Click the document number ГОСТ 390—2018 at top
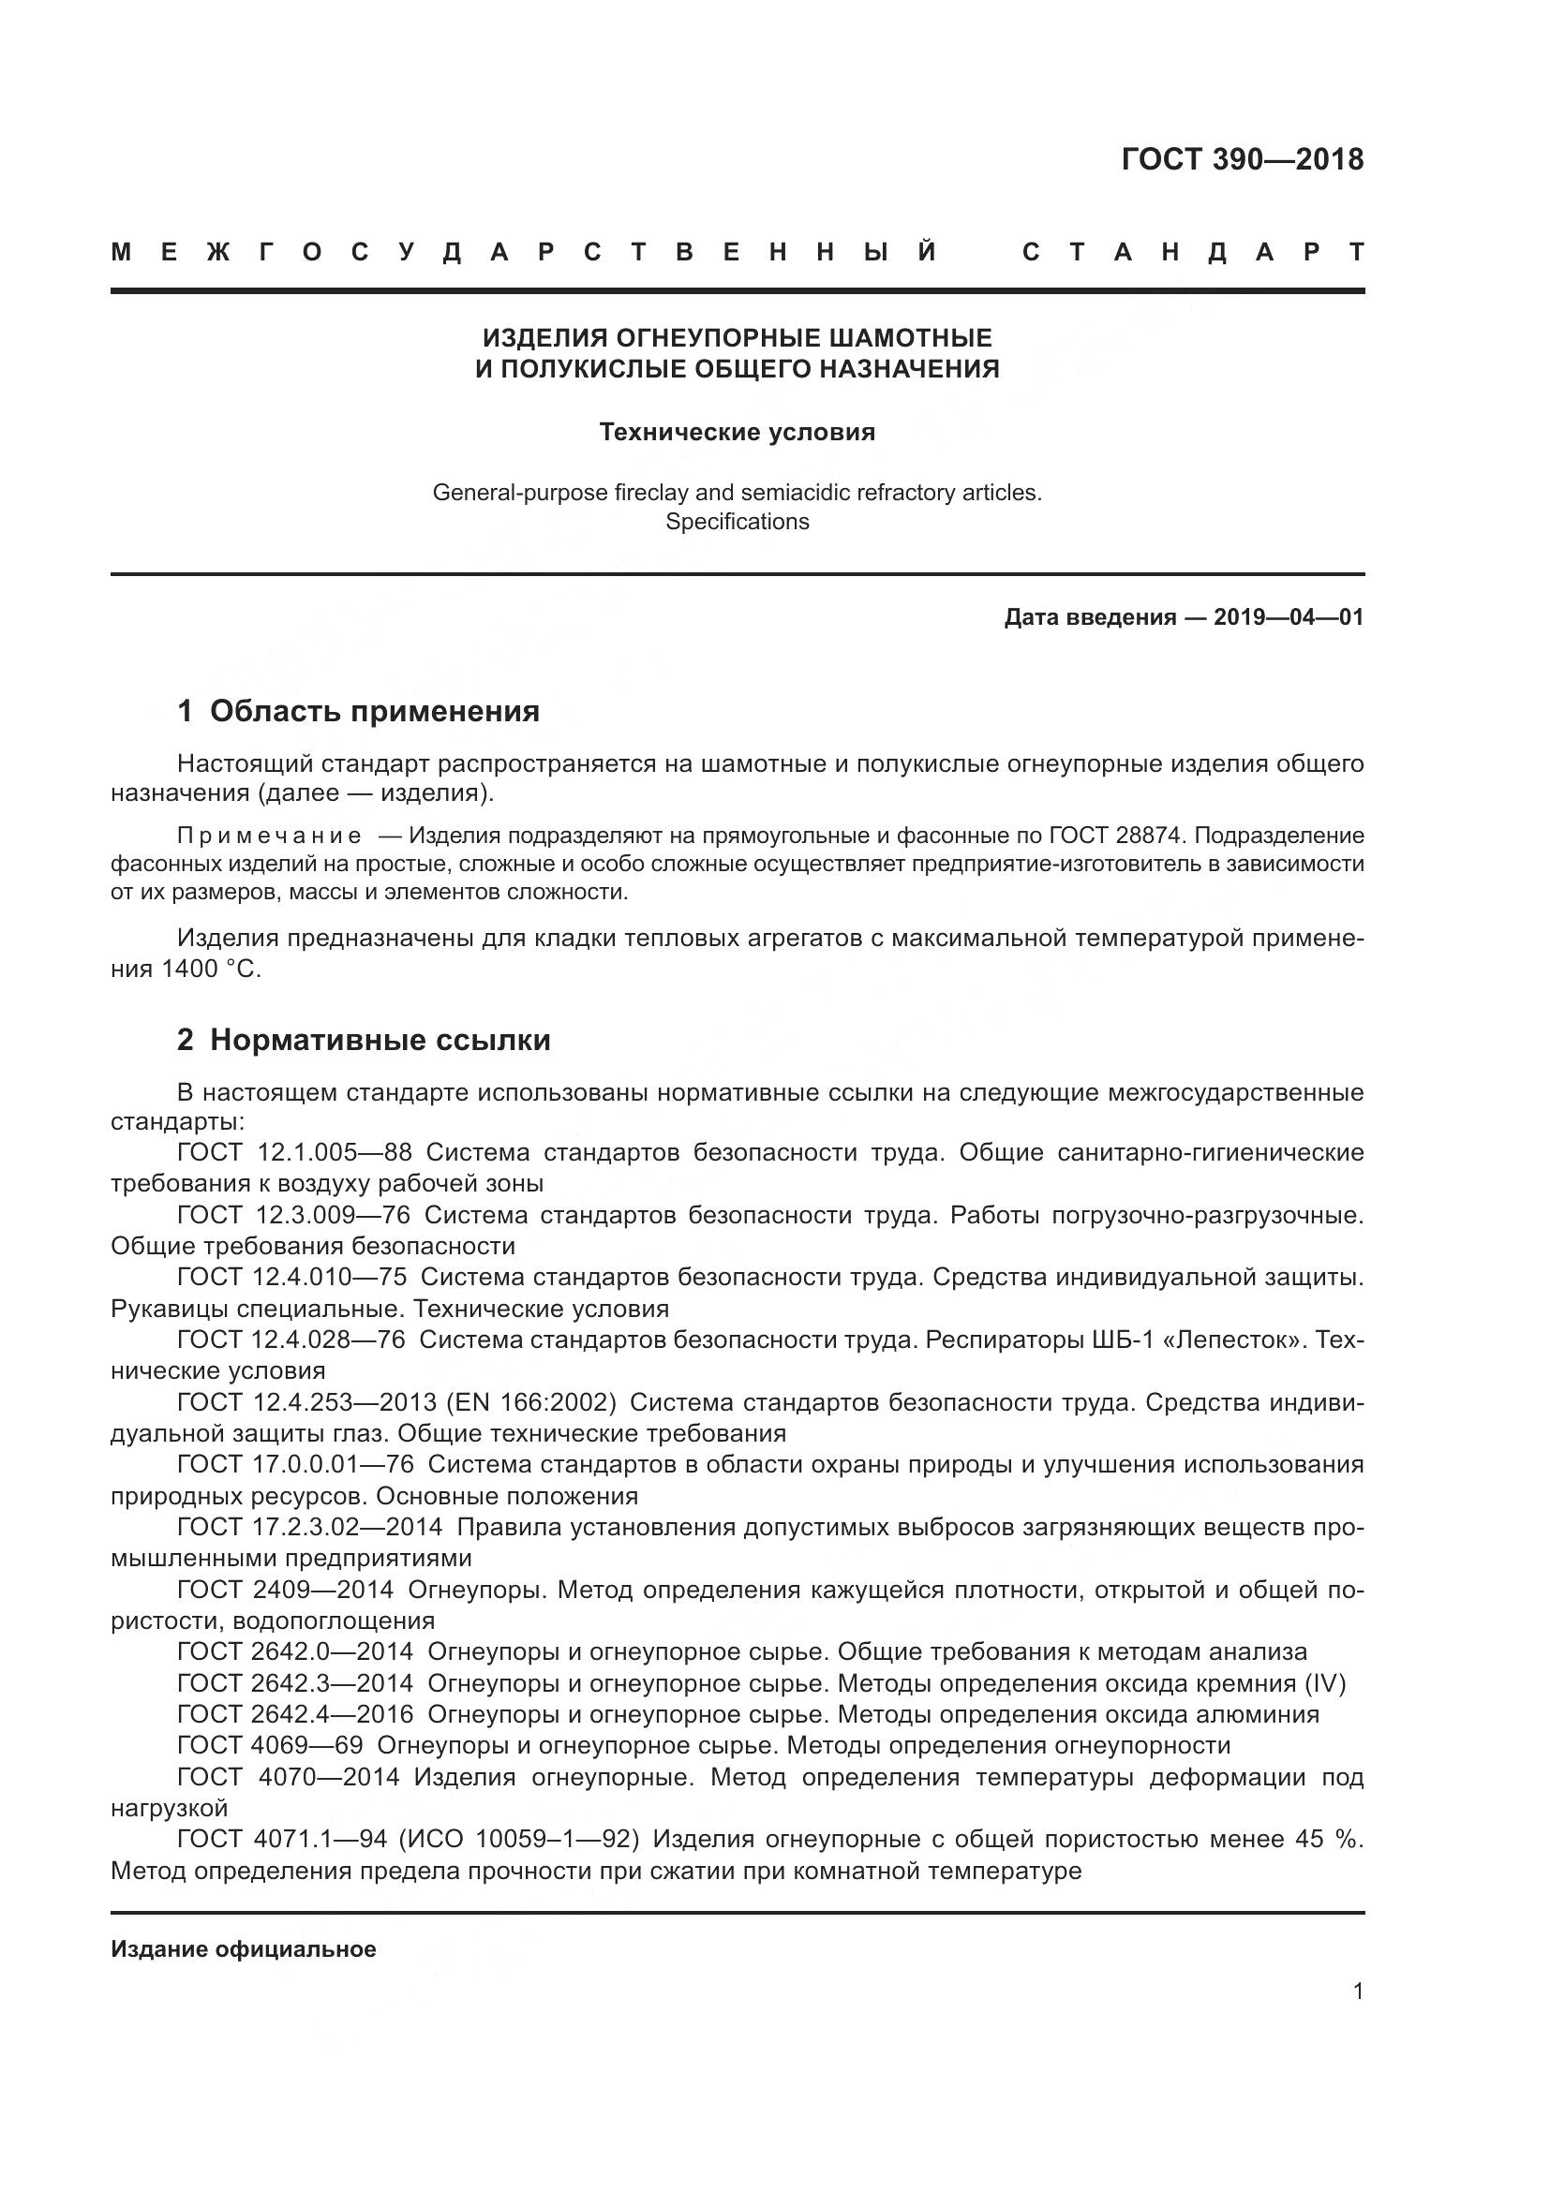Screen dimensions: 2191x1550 (x=1242, y=159)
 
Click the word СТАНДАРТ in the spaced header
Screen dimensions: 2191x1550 (x=1193, y=253)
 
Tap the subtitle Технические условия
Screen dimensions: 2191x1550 (x=737, y=432)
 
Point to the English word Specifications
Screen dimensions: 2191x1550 (x=737, y=522)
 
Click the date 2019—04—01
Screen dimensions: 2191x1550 (x=1289, y=617)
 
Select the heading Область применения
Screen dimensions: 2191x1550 (x=374, y=711)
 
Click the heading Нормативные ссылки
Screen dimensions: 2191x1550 (x=380, y=1040)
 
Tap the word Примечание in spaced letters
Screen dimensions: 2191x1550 (x=269, y=836)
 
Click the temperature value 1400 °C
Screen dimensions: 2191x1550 (x=210, y=970)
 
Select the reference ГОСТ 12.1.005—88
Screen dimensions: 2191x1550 (x=294, y=1153)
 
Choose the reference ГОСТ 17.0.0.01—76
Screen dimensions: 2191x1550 (x=295, y=1465)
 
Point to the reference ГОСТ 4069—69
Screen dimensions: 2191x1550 (x=270, y=1746)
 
